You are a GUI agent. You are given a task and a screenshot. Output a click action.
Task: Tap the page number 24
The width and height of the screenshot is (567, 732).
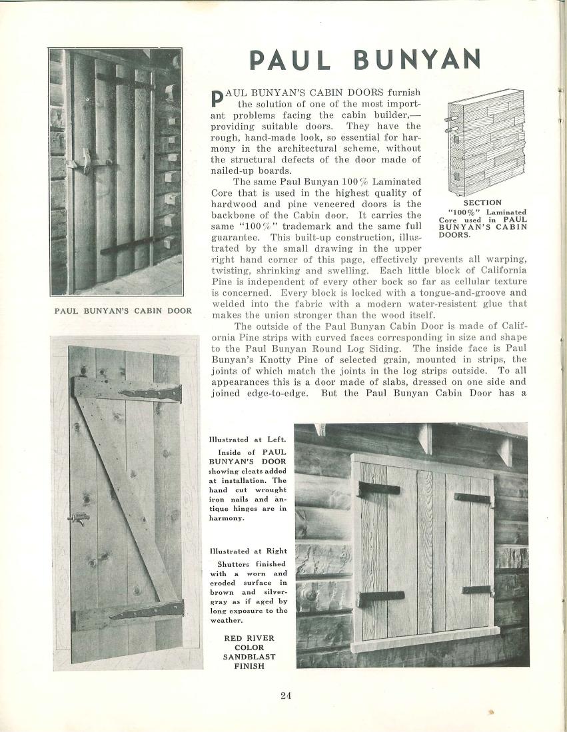click(x=286, y=696)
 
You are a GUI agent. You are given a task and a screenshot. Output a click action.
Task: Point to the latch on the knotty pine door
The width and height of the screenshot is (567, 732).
click(x=81, y=518)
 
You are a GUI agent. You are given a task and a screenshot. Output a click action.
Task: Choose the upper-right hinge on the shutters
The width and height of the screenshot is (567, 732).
click(x=473, y=498)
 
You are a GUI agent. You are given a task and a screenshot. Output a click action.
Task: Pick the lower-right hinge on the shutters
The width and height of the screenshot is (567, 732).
click(x=477, y=590)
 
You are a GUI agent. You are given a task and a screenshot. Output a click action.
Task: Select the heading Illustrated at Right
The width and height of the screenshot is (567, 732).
click(x=248, y=551)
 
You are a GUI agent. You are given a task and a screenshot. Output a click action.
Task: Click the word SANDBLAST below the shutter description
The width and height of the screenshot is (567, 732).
click(x=249, y=656)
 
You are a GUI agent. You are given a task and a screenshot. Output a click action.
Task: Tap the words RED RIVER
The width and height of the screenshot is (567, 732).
click(x=249, y=637)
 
